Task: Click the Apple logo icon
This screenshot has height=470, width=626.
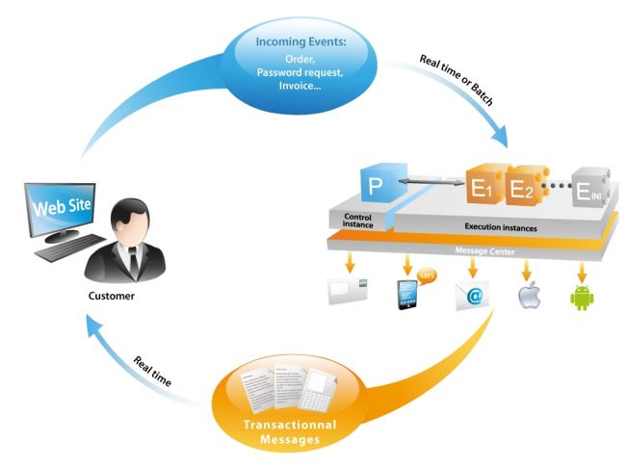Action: [527, 295]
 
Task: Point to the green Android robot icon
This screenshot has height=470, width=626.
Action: [583, 295]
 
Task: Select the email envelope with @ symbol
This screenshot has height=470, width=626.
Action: [474, 296]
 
